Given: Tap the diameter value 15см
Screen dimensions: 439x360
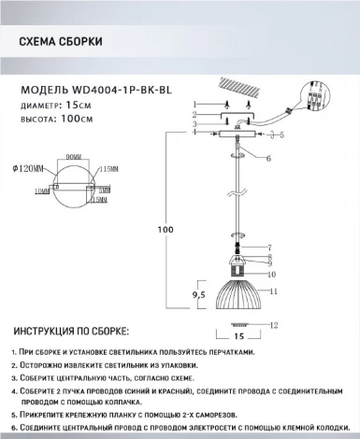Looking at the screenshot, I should [x=79, y=106].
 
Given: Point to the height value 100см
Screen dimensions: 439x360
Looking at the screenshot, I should [x=79, y=119].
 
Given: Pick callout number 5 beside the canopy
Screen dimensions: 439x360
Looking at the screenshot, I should [x=281, y=136].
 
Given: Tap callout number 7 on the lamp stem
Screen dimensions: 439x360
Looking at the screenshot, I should [x=268, y=247].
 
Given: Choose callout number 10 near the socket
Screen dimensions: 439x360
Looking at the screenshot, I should [x=271, y=275].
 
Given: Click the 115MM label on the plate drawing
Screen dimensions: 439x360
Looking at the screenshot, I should [x=108, y=170].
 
